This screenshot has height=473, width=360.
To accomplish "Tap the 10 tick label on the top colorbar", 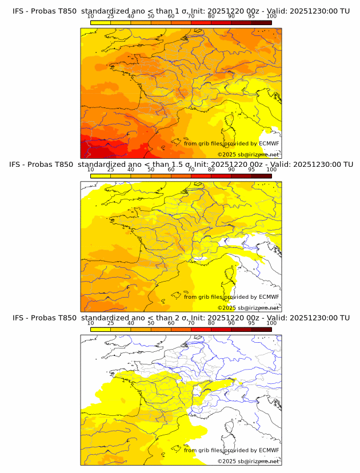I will [90, 16].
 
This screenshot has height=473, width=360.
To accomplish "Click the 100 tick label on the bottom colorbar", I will [271, 323].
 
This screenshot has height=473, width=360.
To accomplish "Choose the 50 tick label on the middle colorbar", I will [151, 170].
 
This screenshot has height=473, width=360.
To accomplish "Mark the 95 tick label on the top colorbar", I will [251, 16].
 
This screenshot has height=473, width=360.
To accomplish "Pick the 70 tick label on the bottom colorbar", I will [191, 323].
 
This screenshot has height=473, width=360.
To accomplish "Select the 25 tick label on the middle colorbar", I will [110, 170].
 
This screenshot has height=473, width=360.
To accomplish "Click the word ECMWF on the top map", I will [269, 143].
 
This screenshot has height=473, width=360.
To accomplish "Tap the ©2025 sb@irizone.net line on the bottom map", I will [248, 461].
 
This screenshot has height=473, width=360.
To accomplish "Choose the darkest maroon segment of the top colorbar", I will [262, 22].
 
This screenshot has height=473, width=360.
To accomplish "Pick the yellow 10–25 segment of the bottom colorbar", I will [101, 329].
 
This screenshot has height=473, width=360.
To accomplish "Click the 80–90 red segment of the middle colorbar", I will [221, 176].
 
